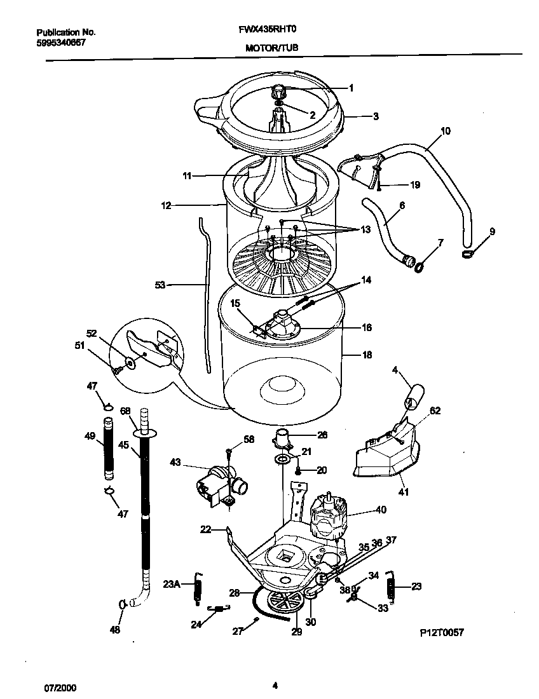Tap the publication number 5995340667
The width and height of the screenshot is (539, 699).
pyautogui.click(x=61, y=43)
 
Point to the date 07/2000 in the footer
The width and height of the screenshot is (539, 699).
pyautogui.click(x=56, y=688)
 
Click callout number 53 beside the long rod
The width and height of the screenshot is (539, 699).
pyautogui.click(x=160, y=285)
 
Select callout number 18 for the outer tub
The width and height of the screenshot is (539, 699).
pyautogui.click(x=367, y=355)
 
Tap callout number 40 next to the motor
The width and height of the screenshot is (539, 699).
pyautogui.click(x=381, y=509)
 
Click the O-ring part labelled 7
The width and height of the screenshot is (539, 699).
pyautogui.click(x=420, y=268)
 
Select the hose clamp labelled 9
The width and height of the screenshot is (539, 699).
pyautogui.click(x=469, y=255)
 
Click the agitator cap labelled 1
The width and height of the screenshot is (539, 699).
pyautogui.click(x=278, y=92)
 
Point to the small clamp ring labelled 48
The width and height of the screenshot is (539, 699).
pyautogui.click(x=121, y=604)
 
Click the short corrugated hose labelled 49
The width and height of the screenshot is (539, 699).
pyautogui.click(x=109, y=449)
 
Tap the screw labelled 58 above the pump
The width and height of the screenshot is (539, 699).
pyautogui.click(x=228, y=452)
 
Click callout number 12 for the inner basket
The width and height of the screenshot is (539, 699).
pyautogui.click(x=166, y=205)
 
